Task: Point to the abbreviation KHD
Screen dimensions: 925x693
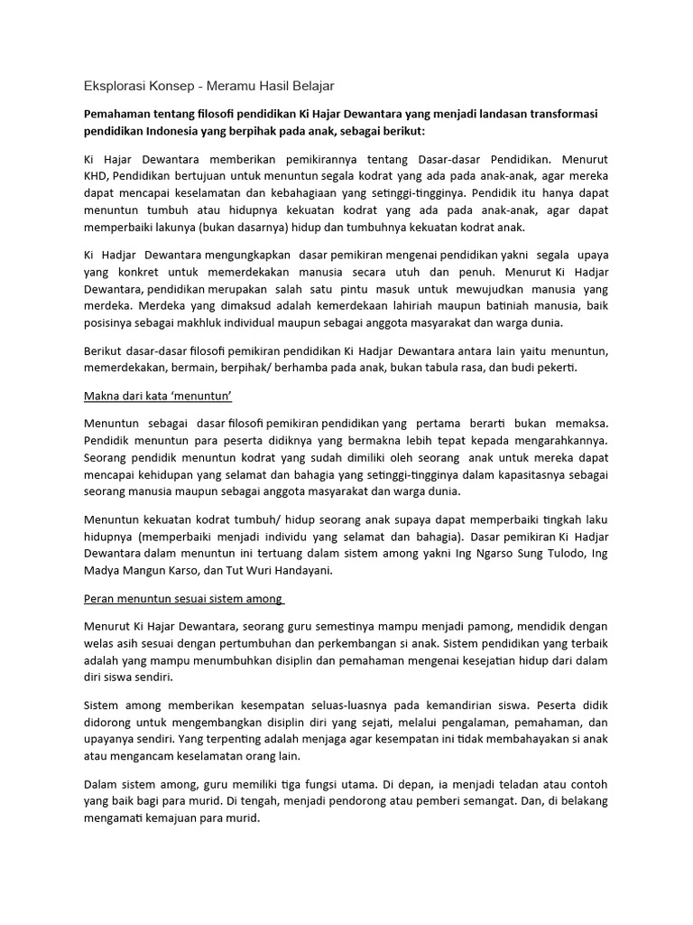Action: [96, 174]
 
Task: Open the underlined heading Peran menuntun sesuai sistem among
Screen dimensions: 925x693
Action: [184, 599]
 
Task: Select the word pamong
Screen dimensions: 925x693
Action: [477, 626]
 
